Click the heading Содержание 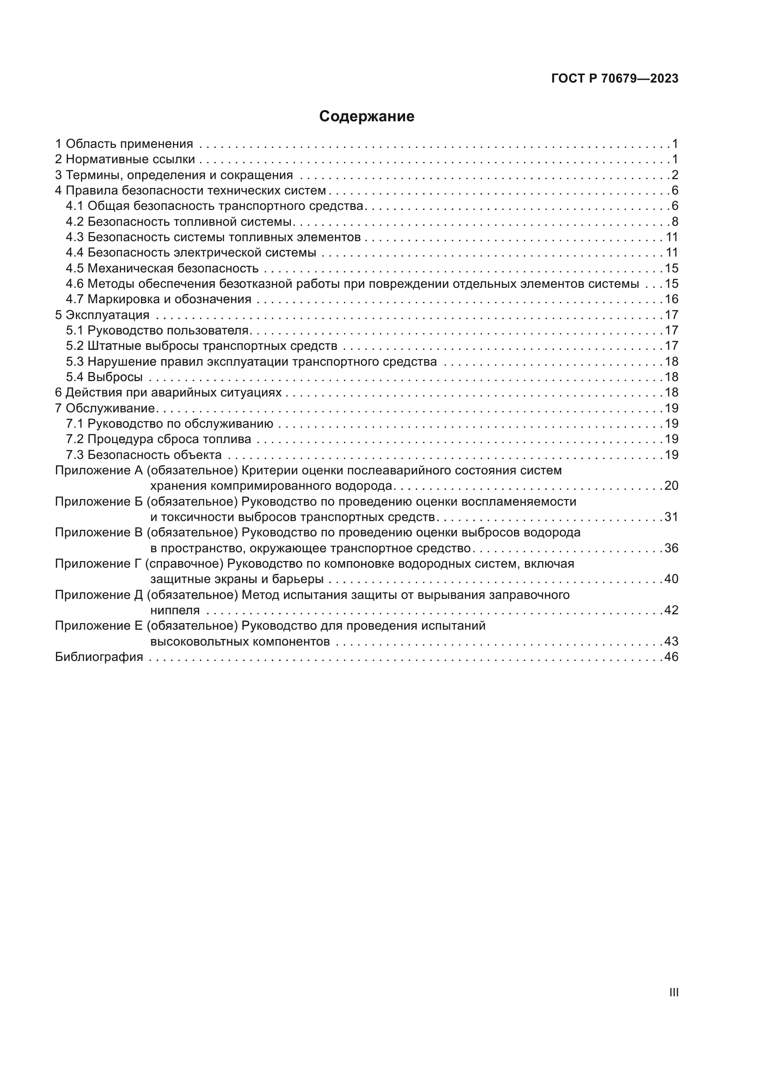coord(366,117)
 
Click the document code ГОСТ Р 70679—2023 coord(615,79)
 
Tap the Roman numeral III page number coord(674,992)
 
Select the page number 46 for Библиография coord(671,657)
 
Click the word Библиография coord(99,657)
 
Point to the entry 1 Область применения coord(124,144)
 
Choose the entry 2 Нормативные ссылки coord(125,159)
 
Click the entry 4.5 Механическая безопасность coord(162,269)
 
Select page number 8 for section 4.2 coord(675,222)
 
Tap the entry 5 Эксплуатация coord(102,315)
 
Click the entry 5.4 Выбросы coord(104,377)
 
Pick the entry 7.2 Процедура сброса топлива coord(158,439)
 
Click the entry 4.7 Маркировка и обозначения coord(158,299)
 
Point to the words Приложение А coord(99,471)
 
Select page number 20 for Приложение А coord(671,486)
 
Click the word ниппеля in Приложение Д coord(175,611)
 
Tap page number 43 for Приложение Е coord(671,641)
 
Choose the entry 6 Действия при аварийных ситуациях coord(168,392)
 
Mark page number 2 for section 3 coord(675,175)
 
